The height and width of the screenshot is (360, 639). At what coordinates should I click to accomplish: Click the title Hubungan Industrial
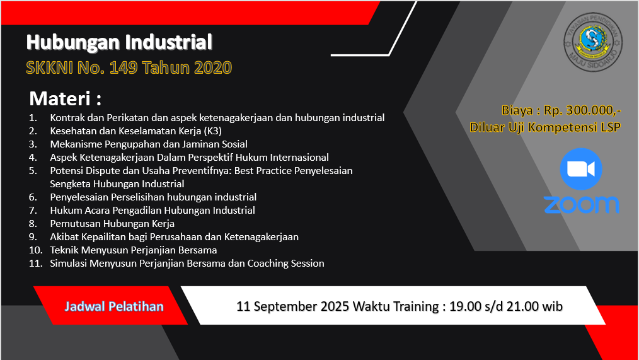coord(119,42)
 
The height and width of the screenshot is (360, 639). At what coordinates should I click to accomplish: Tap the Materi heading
coord(65,98)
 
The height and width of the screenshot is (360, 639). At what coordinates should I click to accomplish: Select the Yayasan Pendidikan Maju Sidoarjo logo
coord(593,42)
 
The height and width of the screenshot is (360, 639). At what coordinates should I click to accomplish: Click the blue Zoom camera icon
coord(581,169)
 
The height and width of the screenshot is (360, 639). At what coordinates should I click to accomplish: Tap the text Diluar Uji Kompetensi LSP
coord(545,127)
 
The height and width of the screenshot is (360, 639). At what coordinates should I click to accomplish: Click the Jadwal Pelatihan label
coord(114,306)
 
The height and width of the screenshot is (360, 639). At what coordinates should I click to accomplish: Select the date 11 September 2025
coord(292,306)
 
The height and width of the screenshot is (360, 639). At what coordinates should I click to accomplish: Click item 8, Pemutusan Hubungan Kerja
coord(112,223)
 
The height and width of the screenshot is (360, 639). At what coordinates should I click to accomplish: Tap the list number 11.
coord(35,264)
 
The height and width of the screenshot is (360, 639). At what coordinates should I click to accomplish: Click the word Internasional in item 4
coord(299,158)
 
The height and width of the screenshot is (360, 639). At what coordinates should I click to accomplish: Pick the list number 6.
coord(33,197)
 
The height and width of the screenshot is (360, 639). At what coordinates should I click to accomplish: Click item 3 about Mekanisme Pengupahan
coord(149,144)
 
